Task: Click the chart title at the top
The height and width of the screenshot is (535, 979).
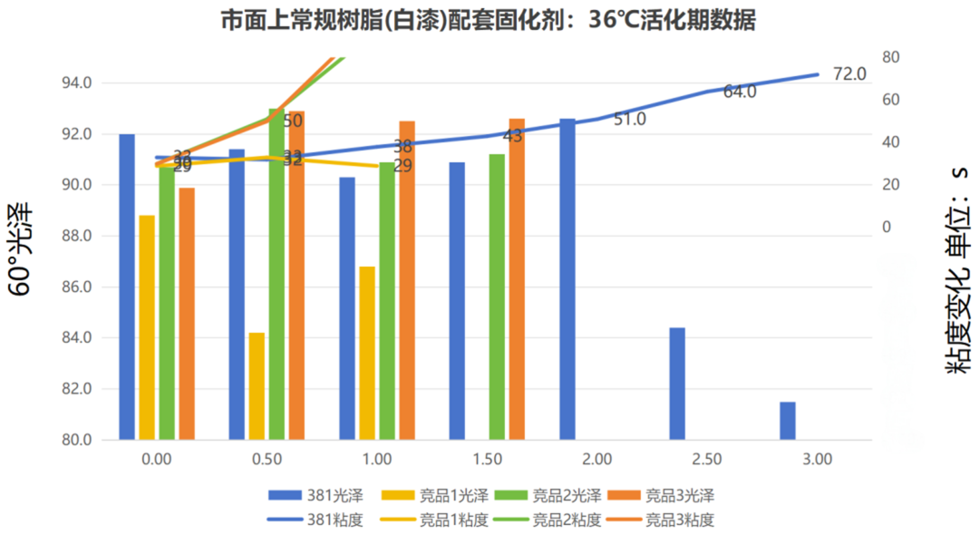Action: click(x=489, y=21)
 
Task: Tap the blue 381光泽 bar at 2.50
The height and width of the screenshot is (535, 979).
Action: click(x=677, y=384)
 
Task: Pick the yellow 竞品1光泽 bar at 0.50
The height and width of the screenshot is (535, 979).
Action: click(x=257, y=386)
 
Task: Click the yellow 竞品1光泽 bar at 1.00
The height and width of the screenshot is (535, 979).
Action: click(x=367, y=353)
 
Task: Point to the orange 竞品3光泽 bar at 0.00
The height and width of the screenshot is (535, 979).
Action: click(x=187, y=314)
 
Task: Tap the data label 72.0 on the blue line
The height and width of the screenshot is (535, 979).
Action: click(x=849, y=74)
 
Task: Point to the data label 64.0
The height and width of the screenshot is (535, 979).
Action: click(x=740, y=92)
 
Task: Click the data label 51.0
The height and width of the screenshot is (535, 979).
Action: click(x=629, y=119)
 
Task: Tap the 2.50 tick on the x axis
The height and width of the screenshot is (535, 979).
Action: click(x=707, y=459)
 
